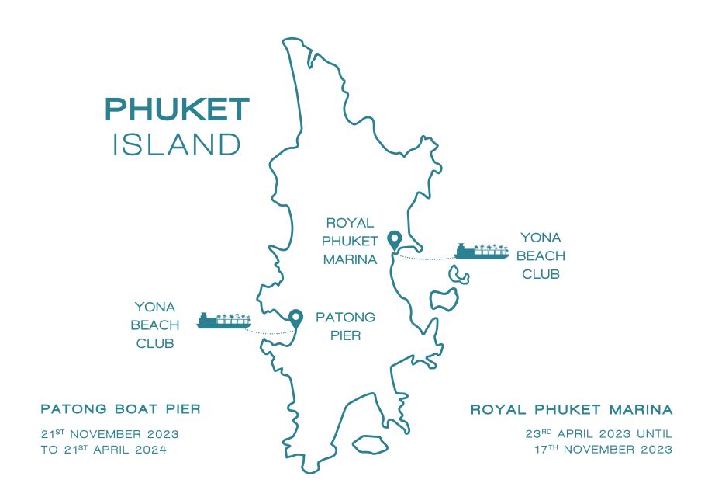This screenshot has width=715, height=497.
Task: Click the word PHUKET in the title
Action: pyautogui.click(x=177, y=109)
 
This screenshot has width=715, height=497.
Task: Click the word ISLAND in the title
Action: pyautogui.click(x=177, y=145)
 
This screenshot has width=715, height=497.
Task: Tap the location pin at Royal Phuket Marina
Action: pyautogui.click(x=395, y=240)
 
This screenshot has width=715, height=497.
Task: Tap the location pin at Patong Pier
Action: pyautogui.click(x=295, y=317)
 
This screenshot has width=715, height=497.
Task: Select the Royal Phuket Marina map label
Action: pyautogui.click(x=351, y=241)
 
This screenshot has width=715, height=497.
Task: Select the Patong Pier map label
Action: pyautogui.click(x=345, y=326)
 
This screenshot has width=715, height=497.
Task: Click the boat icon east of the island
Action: pyautogui.click(x=481, y=251)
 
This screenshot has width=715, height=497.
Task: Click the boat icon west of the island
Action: pyautogui.click(x=223, y=320)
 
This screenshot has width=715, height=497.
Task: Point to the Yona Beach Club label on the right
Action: pyautogui.click(x=541, y=255)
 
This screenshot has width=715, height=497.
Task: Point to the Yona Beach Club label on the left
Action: pyautogui.click(x=155, y=325)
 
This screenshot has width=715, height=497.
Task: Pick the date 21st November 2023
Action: pyautogui.click(x=110, y=433)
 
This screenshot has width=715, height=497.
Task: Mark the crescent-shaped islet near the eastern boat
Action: pyautogui.click(x=458, y=273)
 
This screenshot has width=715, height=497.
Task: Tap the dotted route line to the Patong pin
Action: pyautogui.click(x=268, y=333)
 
